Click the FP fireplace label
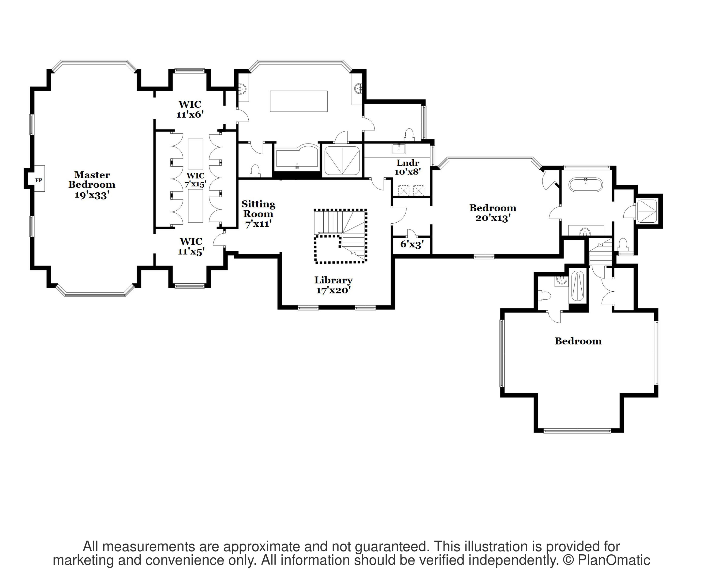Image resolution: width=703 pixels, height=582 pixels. [x=39, y=180]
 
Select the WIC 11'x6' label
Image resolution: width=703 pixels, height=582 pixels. [x=190, y=109]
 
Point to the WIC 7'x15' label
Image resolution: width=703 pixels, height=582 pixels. [x=195, y=180]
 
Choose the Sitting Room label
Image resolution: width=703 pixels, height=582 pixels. [x=258, y=214]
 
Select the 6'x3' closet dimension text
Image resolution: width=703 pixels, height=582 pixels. [x=412, y=244]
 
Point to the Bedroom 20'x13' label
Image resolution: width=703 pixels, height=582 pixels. [x=493, y=213]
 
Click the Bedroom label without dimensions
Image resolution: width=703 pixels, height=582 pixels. [x=578, y=341]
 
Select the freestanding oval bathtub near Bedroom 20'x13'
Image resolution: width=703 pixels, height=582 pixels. [x=586, y=185]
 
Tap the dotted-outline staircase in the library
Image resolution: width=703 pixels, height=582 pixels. [x=340, y=236]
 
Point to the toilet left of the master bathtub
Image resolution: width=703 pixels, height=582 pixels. [x=255, y=171]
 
